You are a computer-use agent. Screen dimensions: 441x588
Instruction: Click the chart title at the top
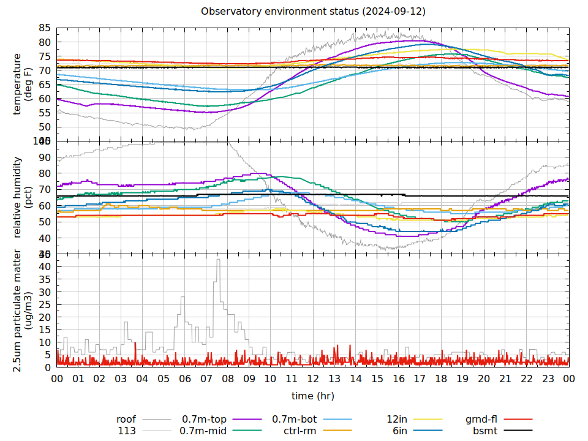[313, 12]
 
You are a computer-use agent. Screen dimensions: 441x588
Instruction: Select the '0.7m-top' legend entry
[204, 420]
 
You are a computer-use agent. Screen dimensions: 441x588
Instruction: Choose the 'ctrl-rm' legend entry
[300, 431]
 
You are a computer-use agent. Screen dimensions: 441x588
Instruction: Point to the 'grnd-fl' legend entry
[481, 420]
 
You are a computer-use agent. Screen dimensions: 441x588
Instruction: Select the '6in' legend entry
[400, 431]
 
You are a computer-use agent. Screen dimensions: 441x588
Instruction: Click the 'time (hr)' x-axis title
[313, 396]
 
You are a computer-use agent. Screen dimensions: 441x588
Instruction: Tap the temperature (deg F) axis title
[22, 84]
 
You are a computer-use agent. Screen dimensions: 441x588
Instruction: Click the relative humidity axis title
[22, 197]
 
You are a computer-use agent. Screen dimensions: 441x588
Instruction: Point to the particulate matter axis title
[22, 311]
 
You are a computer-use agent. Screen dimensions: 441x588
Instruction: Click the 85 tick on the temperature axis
[45, 28]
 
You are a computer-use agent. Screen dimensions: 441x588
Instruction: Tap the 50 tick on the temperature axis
[45, 127]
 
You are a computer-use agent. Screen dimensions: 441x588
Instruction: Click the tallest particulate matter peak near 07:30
[217, 260]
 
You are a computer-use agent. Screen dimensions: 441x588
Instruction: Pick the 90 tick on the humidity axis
[45, 157]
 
